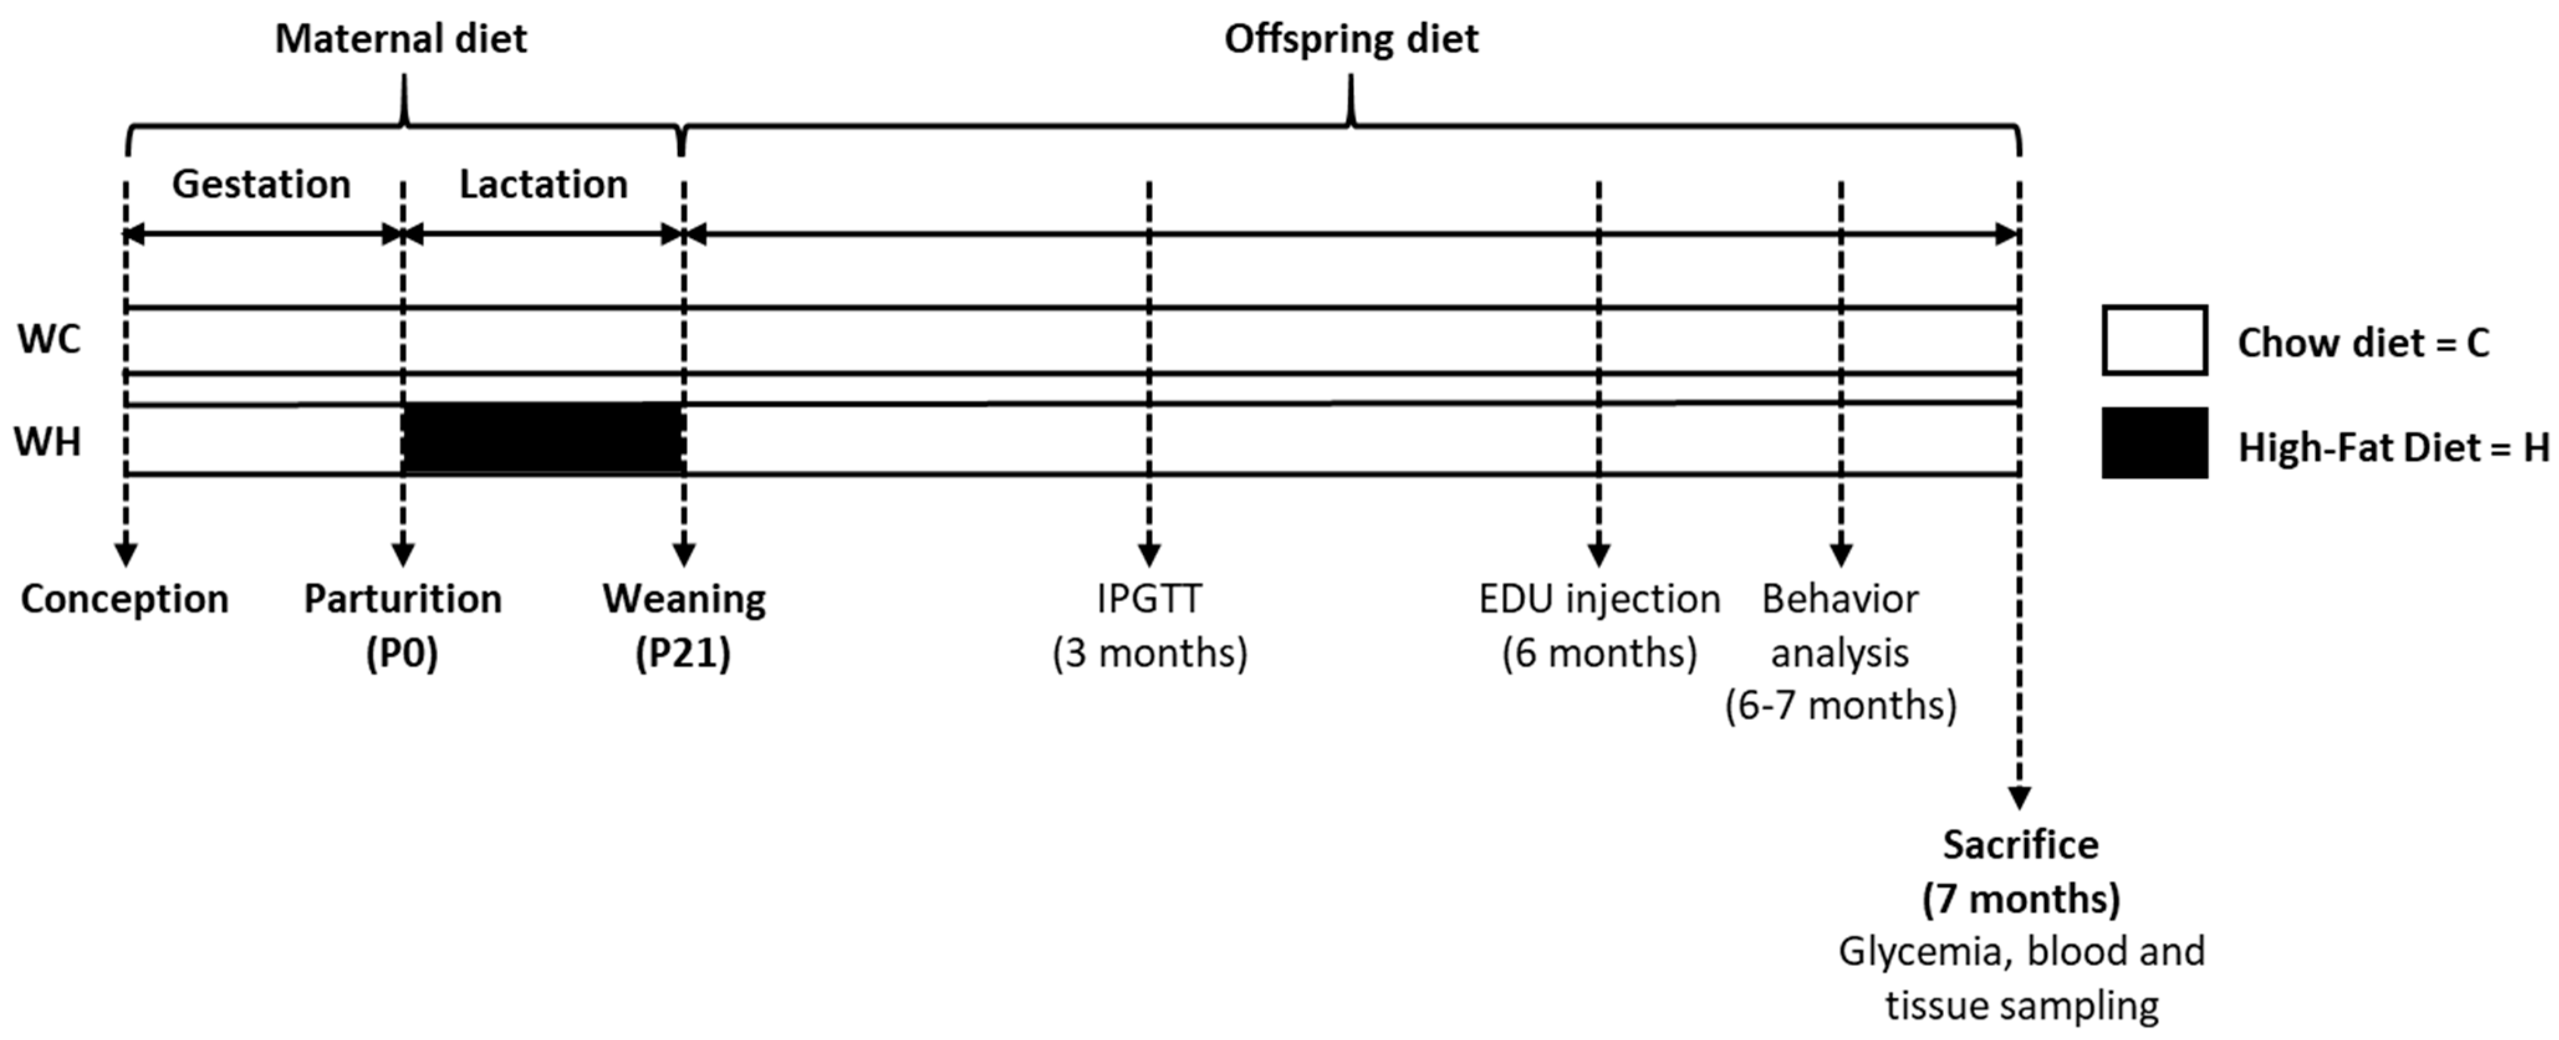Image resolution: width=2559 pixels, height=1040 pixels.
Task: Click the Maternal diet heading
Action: tap(400, 40)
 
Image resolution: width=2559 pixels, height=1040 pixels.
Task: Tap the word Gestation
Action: tap(261, 185)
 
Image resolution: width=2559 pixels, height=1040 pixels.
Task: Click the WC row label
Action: tap(49, 339)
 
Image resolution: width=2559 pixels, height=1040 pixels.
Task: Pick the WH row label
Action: tap(48, 441)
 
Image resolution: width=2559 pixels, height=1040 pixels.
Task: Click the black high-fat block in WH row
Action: tap(542, 438)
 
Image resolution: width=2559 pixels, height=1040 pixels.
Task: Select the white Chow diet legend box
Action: tap(2154, 339)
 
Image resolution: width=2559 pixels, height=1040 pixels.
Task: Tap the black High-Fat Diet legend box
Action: tap(2154, 443)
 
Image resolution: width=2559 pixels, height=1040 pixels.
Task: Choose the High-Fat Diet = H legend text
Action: tap(2393, 448)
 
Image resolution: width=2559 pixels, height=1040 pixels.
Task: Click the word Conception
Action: tap(124, 599)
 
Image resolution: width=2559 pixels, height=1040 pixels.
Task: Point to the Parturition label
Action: tap(402, 599)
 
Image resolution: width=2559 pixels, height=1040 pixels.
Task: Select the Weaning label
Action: tap(685, 599)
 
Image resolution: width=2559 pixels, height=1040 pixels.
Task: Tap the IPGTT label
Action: tap(1149, 599)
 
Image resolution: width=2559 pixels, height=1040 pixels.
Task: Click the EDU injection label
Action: tap(1598, 599)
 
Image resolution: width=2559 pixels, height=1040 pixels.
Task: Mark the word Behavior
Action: tap(1839, 599)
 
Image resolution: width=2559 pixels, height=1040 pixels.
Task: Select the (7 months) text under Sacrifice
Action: tap(2020, 899)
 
